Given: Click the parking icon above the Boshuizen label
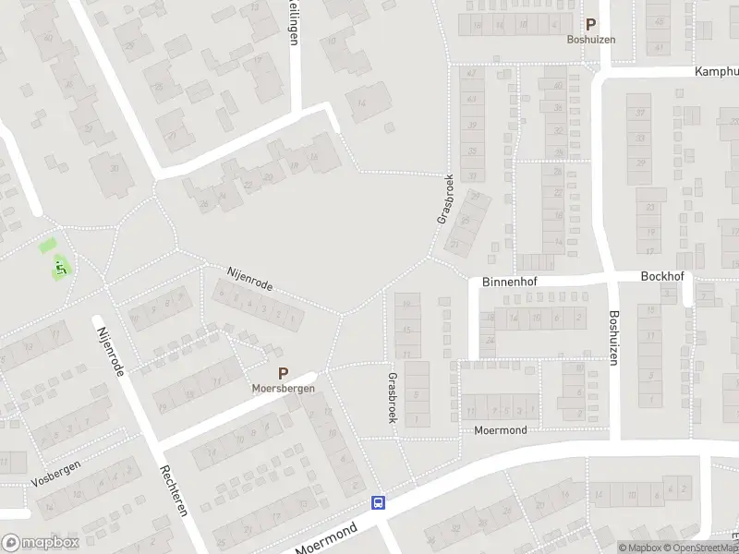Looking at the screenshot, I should pyautogui.click(x=590, y=26).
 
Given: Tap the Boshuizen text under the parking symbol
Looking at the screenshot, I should pyautogui.click(x=590, y=40).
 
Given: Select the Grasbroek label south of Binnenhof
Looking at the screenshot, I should pyautogui.click(x=393, y=398).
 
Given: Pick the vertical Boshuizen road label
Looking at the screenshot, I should pyautogui.click(x=612, y=337).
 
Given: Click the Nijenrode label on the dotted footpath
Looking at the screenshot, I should pyautogui.click(x=250, y=278).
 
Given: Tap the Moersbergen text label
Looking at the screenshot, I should pyautogui.click(x=284, y=389).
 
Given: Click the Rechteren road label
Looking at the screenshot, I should pyautogui.click(x=175, y=489).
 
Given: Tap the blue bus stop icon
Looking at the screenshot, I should pyautogui.click(x=378, y=503).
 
